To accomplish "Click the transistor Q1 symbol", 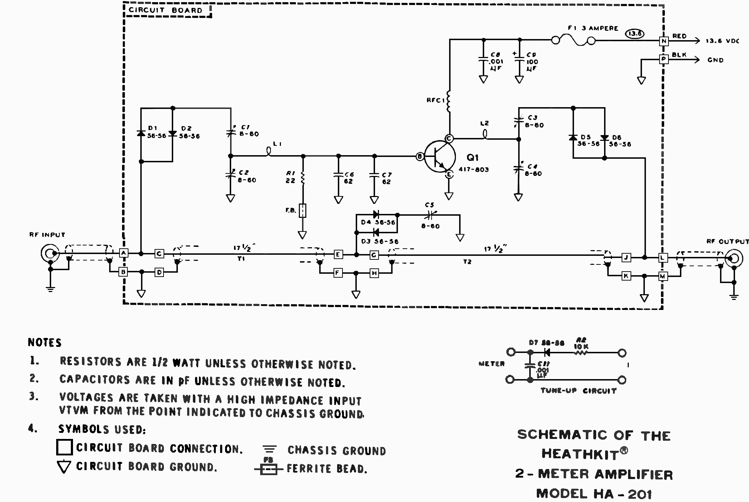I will tap(439, 157).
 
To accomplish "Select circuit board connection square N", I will tap(664, 41).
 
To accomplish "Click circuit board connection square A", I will tap(123, 253).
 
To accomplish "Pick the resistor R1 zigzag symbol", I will tap(303, 178).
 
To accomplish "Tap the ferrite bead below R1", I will tap(303, 210).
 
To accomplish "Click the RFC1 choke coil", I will tap(449, 101).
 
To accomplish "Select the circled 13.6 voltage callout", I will tap(634, 34).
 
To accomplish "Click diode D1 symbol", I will tap(141, 133).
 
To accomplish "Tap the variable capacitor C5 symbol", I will tap(431, 215).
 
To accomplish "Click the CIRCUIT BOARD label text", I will tap(166, 10).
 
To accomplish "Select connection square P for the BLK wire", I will tap(664, 59).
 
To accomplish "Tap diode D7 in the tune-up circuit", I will tap(546, 353).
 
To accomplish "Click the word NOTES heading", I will tap(45, 343).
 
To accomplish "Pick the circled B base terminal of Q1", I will tap(420, 156).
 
